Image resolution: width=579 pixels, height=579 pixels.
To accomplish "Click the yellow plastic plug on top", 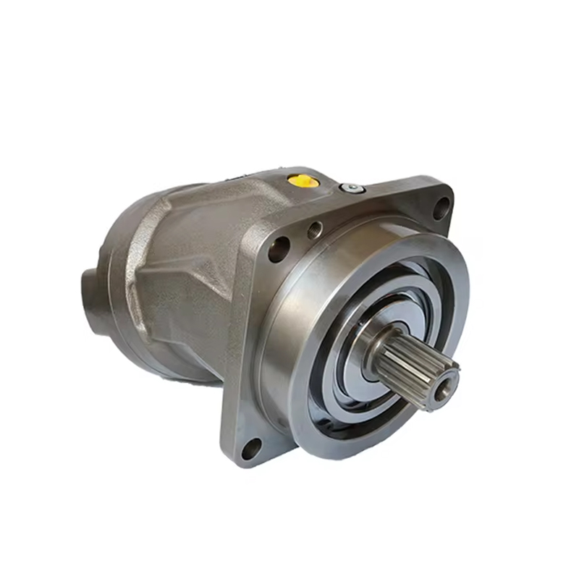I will click(304, 179).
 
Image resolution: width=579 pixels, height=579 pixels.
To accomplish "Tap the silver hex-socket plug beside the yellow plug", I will click(352, 188).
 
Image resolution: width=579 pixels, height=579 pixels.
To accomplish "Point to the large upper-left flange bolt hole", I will click(279, 249).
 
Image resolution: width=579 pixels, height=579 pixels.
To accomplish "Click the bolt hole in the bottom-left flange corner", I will click(250, 448).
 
